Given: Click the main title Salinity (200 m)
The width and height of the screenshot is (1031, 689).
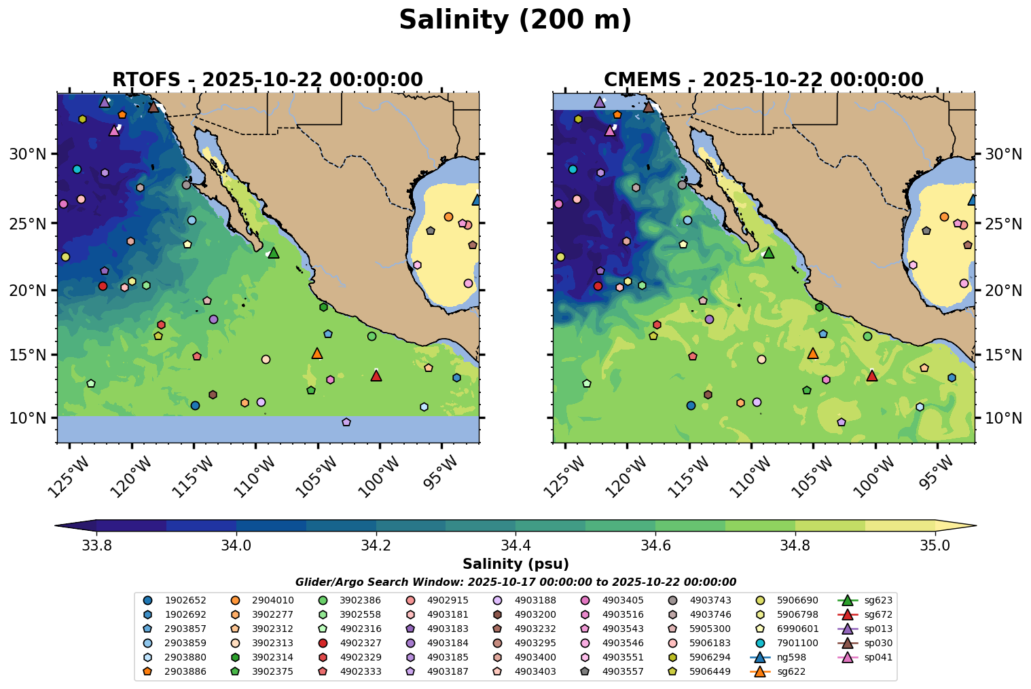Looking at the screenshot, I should pyautogui.click(x=515, y=20).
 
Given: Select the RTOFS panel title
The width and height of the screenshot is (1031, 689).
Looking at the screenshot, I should pyautogui.click(x=268, y=79).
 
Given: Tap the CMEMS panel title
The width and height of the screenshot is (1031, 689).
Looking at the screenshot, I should pyautogui.click(x=763, y=79).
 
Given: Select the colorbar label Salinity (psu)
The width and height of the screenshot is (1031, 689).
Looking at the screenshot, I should pyautogui.click(x=515, y=564).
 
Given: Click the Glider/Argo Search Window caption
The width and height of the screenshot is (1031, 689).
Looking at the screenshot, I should pyautogui.click(x=515, y=582).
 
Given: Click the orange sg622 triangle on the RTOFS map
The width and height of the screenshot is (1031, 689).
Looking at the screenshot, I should pyautogui.click(x=317, y=353).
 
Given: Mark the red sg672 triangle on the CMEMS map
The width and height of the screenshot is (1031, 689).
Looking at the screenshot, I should pyautogui.click(x=872, y=375).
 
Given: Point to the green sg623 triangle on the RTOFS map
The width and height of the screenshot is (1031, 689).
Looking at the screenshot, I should pyautogui.click(x=274, y=253).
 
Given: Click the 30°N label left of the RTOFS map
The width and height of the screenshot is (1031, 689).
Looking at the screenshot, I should pyautogui.click(x=28, y=154).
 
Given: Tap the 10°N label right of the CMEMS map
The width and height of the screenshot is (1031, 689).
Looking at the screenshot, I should pyautogui.click(x=1003, y=417).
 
